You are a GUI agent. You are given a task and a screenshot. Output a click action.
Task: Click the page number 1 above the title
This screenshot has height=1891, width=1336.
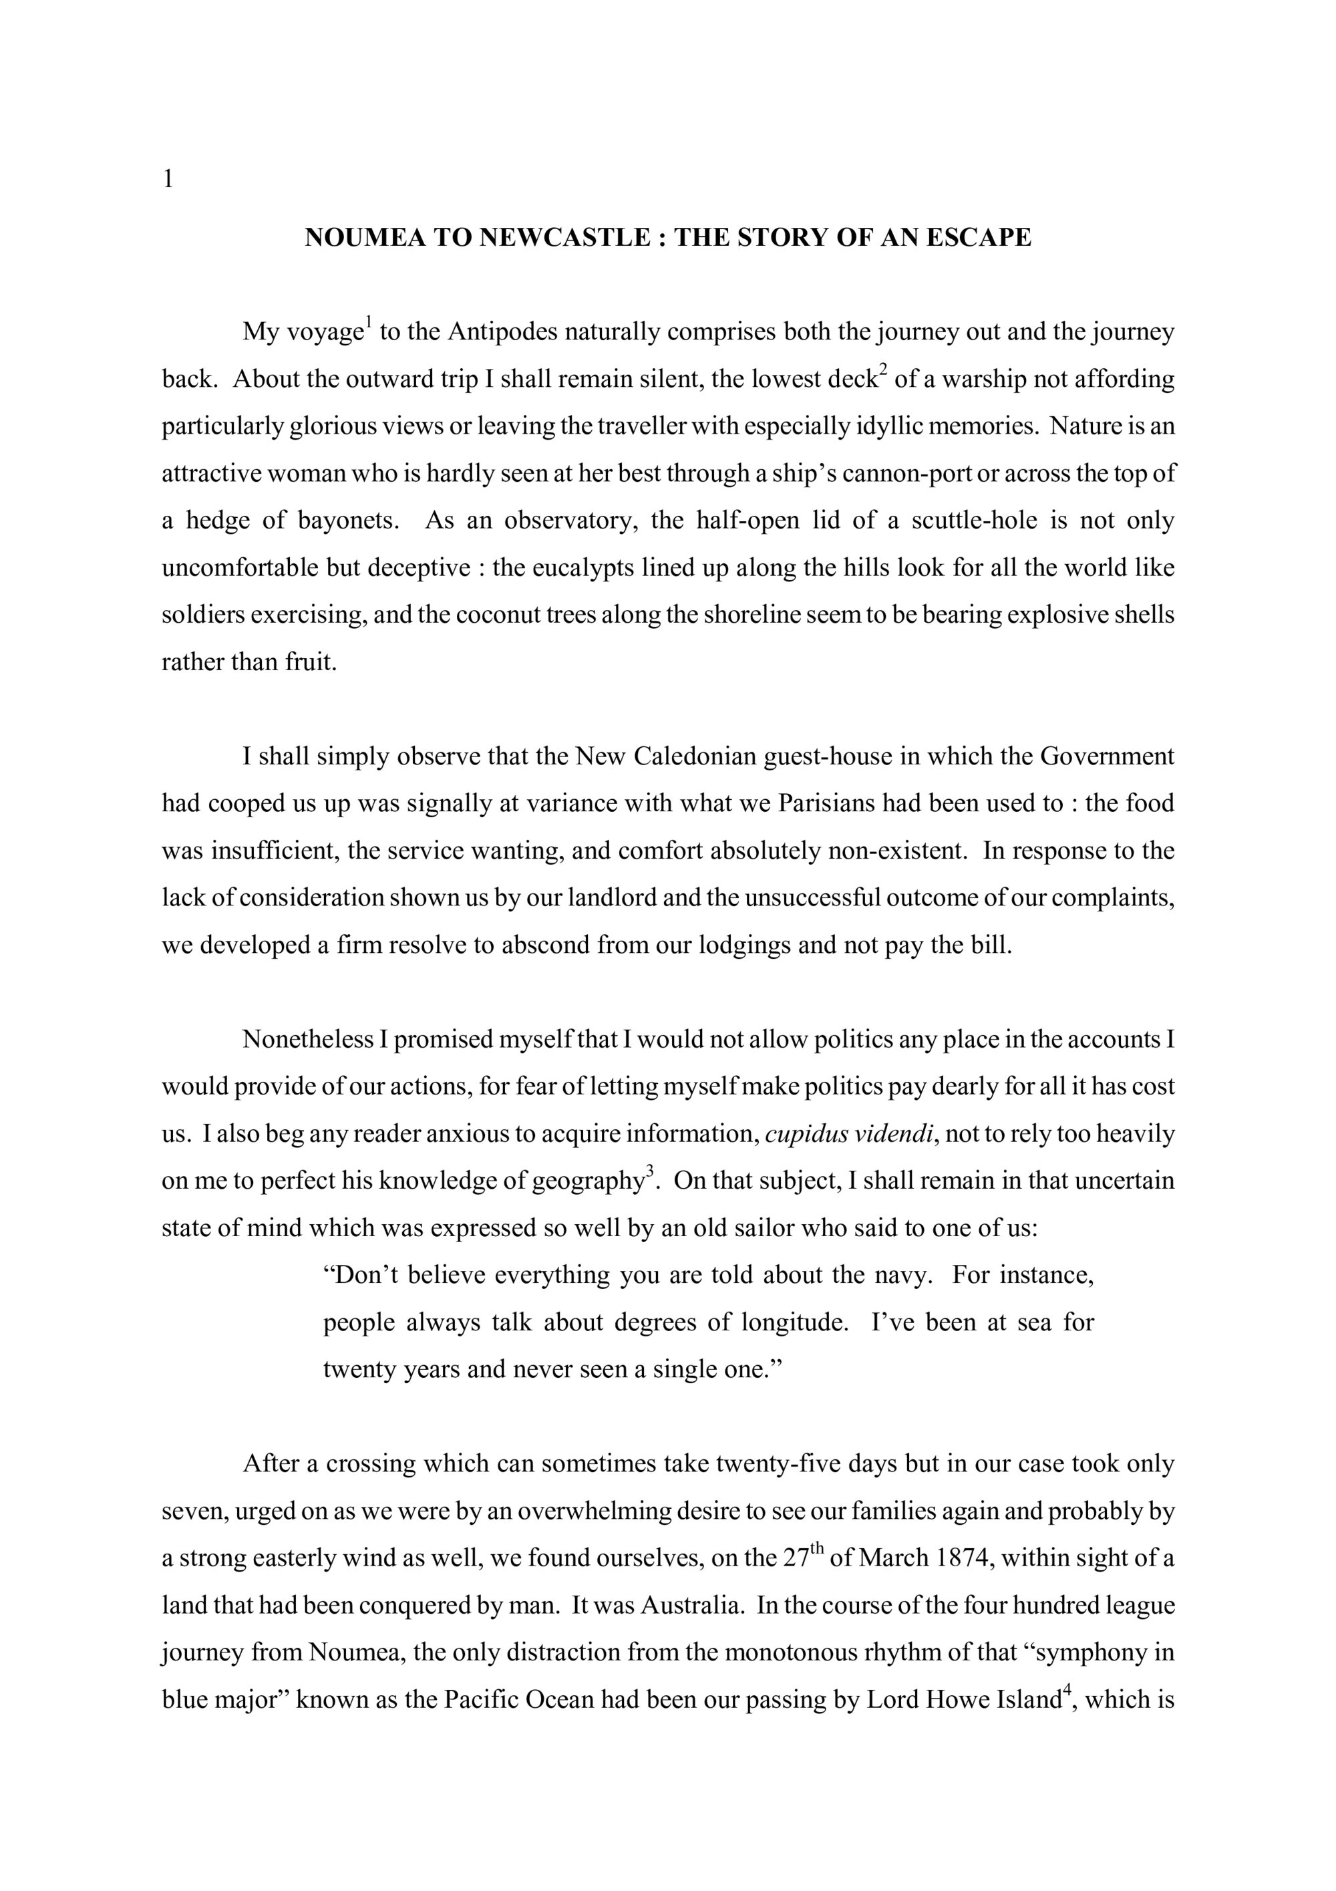pyautogui.click(x=168, y=178)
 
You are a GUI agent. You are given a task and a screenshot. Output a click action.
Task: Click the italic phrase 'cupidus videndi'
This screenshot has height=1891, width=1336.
pyautogui.click(x=850, y=1134)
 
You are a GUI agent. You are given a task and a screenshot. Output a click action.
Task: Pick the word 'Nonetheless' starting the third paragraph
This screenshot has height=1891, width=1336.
pyautogui.click(x=308, y=1040)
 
